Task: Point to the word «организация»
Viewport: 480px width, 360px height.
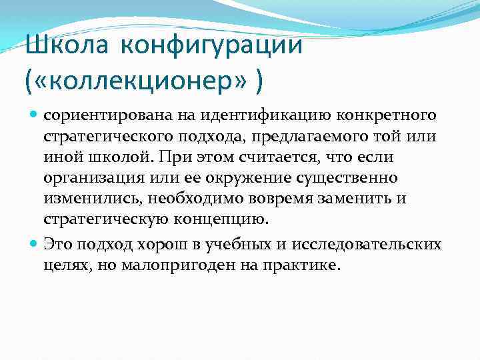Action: (89, 179)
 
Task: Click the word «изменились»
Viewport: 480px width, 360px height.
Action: (93, 199)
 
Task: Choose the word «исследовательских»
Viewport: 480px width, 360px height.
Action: (376, 245)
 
